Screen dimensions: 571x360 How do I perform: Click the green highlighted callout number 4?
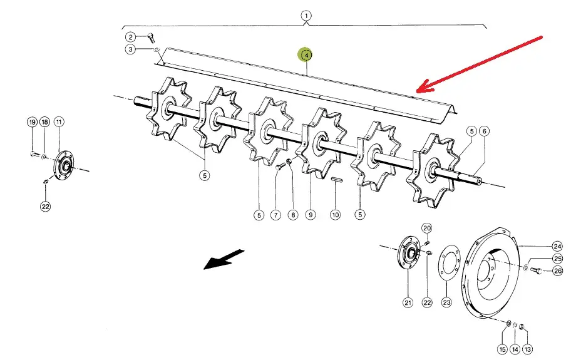(306, 55)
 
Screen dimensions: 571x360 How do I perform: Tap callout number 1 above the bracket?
(306, 16)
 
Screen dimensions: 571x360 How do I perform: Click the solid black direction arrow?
(224, 259)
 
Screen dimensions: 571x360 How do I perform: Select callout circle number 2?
(130, 37)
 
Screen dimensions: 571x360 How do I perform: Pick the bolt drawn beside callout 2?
(151, 38)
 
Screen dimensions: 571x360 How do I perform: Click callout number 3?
(130, 49)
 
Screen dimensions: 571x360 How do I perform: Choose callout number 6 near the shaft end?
(484, 131)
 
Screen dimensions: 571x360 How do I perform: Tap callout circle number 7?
(275, 215)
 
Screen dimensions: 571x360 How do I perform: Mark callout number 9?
(311, 215)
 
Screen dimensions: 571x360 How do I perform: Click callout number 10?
(335, 215)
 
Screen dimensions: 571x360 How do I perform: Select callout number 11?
(59, 121)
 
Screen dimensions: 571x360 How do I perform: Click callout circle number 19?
(32, 121)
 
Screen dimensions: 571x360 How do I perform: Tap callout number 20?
(427, 229)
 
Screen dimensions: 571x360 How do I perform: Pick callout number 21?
(408, 302)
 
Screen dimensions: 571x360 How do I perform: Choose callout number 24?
(557, 247)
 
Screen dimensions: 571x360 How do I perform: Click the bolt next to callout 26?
(536, 270)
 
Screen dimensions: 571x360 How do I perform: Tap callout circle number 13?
(527, 349)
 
